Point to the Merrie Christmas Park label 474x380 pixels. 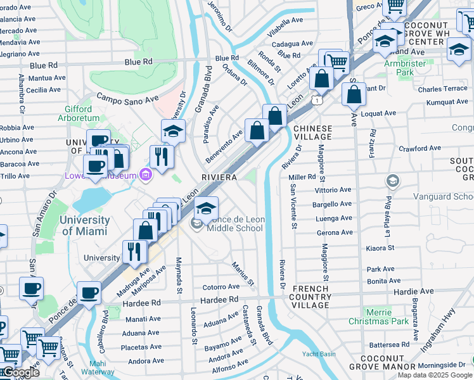(x=378, y=317)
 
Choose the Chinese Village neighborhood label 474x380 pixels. (x=312, y=132)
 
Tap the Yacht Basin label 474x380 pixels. (x=319, y=354)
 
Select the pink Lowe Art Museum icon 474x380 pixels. (x=146, y=174)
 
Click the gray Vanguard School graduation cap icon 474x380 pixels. (x=393, y=182)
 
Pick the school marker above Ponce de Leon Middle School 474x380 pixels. (x=206, y=208)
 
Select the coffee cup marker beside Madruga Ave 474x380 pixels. (x=89, y=293)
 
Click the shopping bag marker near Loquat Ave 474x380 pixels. (x=354, y=94)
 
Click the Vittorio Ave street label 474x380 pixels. (x=333, y=189)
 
